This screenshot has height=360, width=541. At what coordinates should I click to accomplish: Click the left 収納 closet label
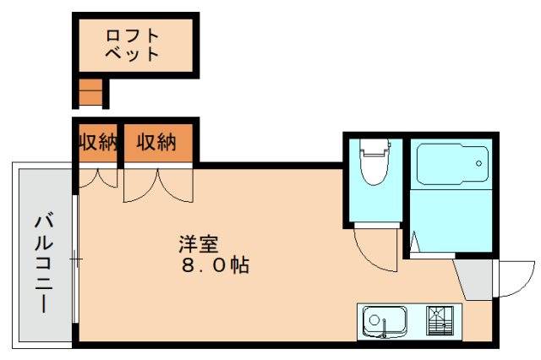click(x=96, y=142)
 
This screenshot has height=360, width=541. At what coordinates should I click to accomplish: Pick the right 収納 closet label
click(x=156, y=142)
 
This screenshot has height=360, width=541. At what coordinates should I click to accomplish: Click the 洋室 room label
click(x=199, y=245)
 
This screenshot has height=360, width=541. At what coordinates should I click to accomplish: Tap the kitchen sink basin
click(x=385, y=322)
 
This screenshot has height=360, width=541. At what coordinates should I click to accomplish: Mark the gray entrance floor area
click(x=474, y=278)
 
